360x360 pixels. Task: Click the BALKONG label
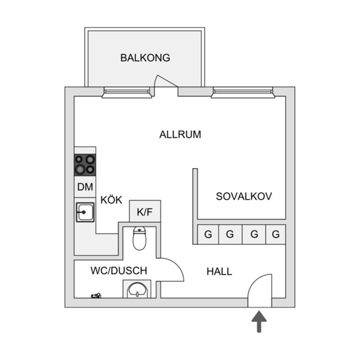point(145,58)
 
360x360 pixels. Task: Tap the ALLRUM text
point(180,134)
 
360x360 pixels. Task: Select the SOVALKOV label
point(244,196)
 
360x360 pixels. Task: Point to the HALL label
point(219,271)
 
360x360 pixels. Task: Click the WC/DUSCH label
point(118,270)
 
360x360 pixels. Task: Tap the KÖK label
point(111,200)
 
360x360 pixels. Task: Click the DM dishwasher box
point(85,187)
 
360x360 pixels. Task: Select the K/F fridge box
point(145,212)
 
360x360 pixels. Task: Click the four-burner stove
point(85,165)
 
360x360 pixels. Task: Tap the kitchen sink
point(85,212)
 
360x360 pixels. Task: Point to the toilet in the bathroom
point(139,238)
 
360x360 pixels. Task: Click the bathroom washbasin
point(137,289)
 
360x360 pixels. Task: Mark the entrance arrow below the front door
point(259,321)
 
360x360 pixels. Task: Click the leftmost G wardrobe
point(208,235)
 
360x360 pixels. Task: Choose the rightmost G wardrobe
point(276,235)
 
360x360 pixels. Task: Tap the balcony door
point(165,82)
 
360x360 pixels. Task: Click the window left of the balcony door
point(127,92)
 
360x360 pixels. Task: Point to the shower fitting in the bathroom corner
point(96,296)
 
